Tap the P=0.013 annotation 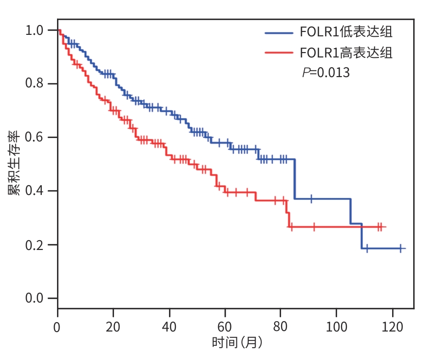pyautogui.click(x=326, y=73)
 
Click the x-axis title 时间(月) pyautogui.click(x=237, y=342)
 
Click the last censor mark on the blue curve pyautogui.click(x=400, y=249)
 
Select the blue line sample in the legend pyautogui.click(x=279, y=33)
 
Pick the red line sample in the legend pyautogui.click(x=279, y=53)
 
